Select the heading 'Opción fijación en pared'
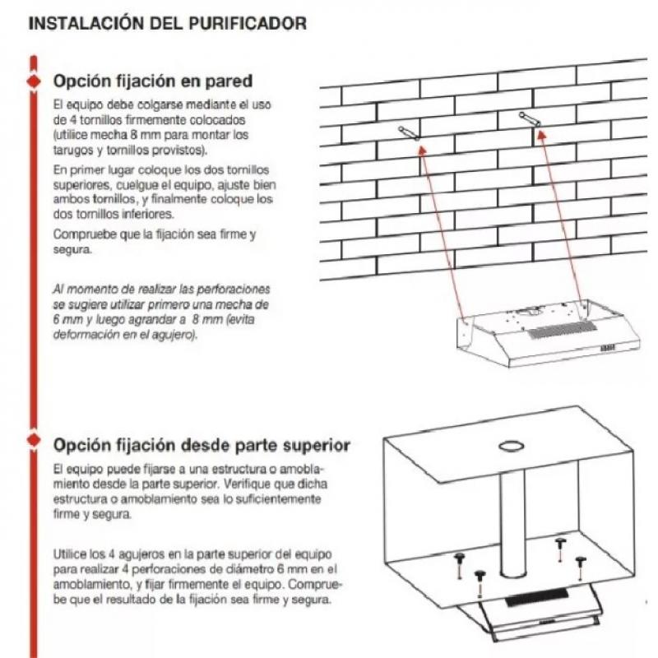(152, 82)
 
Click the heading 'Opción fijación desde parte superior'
(202, 445)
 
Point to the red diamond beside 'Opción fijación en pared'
(33, 82)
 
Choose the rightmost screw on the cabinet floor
(582, 561)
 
